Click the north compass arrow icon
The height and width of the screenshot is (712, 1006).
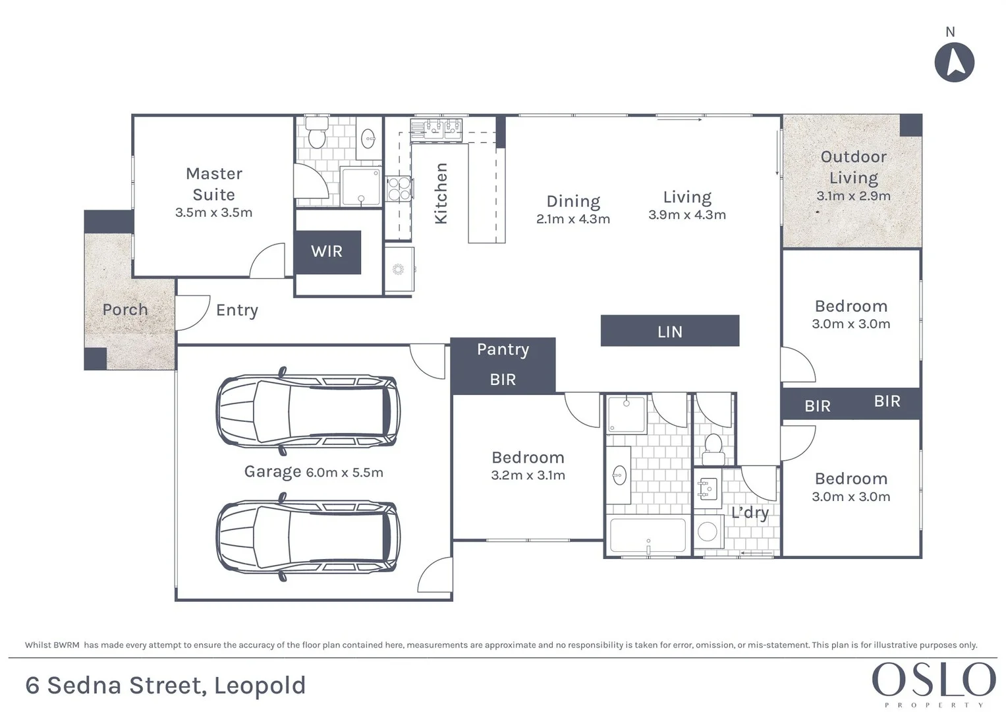[x=954, y=63]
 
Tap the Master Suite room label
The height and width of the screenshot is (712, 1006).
[x=213, y=184]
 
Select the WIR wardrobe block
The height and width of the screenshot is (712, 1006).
[x=327, y=252]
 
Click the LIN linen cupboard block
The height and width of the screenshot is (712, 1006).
[x=669, y=331]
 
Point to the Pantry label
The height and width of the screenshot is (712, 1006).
[x=503, y=349]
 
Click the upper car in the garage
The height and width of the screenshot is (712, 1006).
[x=308, y=411]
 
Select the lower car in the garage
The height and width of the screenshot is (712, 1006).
[x=308, y=537]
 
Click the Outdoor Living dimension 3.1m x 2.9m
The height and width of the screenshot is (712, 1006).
[x=853, y=196]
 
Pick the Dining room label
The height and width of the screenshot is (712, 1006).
[x=573, y=201]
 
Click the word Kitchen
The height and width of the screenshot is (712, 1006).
[x=441, y=193]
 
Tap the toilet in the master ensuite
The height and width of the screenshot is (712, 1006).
[x=317, y=134]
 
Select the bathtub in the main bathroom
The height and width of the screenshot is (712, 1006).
[x=648, y=535]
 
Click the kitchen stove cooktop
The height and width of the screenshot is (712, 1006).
[x=399, y=189]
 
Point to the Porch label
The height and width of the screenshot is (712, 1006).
[x=125, y=309]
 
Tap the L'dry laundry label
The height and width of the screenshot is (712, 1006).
[x=750, y=513]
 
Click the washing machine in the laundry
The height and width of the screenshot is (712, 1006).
[x=708, y=531]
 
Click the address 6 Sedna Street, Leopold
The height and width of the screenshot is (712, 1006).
[x=165, y=686]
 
